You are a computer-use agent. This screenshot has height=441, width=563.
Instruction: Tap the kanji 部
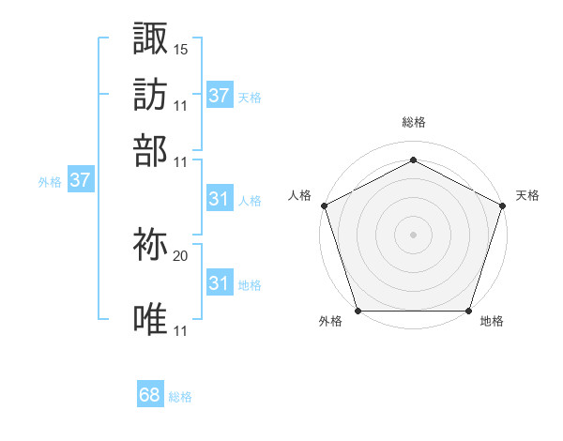(150, 149)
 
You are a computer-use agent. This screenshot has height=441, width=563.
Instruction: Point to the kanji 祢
(150, 245)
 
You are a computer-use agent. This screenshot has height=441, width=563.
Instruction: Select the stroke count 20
(181, 255)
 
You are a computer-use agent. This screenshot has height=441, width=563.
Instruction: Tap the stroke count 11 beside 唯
(181, 330)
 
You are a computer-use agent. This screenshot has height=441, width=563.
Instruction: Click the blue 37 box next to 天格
(219, 96)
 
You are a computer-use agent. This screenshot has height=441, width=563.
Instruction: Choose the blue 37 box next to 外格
(80, 181)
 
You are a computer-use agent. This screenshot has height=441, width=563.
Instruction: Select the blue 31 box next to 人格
(219, 199)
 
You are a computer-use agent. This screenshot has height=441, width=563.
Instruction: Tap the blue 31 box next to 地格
(219, 283)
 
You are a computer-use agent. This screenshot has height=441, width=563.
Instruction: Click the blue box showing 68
(150, 395)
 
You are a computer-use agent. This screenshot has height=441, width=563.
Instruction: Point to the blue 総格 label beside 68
(180, 397)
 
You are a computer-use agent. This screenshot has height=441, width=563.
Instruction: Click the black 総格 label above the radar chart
(414, 123)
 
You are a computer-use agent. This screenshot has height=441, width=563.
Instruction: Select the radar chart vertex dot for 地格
(469, 311)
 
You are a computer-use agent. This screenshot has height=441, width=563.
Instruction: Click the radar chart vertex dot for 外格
(358, 311)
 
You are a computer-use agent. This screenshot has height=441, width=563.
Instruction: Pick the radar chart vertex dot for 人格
(324, 205)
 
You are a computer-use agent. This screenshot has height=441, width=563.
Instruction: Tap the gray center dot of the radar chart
(414, 235)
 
